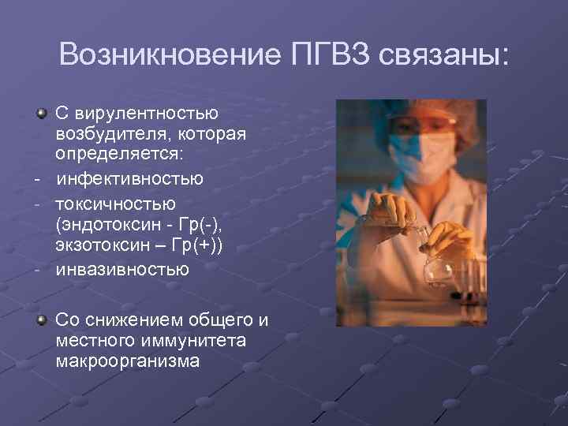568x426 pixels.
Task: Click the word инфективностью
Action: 129,178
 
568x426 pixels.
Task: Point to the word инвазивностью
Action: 122,270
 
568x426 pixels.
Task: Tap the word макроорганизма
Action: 128,361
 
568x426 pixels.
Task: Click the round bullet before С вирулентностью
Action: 41,114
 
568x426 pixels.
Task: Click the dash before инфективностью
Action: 37,179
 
